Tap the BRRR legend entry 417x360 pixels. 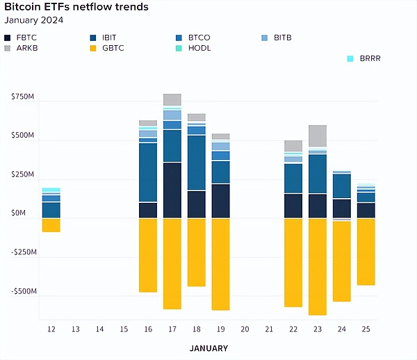click(364, 59)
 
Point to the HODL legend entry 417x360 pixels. click(194, 48)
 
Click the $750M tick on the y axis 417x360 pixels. click(22, 97)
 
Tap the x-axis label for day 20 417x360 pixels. click(245, 329)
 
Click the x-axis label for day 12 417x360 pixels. click(51, 329)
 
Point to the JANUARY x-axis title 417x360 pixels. click(208, 347)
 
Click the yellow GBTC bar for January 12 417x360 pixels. click(51, 225)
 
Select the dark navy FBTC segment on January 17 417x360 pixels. click(172, 190)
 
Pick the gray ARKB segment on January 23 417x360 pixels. click(318, 136)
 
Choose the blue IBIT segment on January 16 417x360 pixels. click(147, 172)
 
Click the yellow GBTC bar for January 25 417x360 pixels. click(366, 252)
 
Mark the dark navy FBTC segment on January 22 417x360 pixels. click(293, 206)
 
